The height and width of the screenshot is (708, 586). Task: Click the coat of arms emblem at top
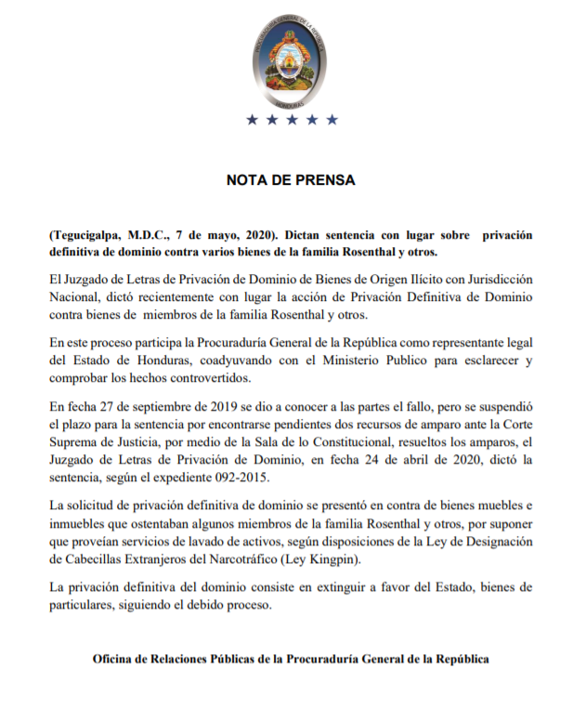[293, 59]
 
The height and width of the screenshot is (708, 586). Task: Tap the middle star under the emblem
[292, 120]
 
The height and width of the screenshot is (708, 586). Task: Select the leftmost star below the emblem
[252, 120]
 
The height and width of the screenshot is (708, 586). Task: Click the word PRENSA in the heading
[323, 180]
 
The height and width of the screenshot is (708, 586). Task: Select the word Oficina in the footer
[114, 659]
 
